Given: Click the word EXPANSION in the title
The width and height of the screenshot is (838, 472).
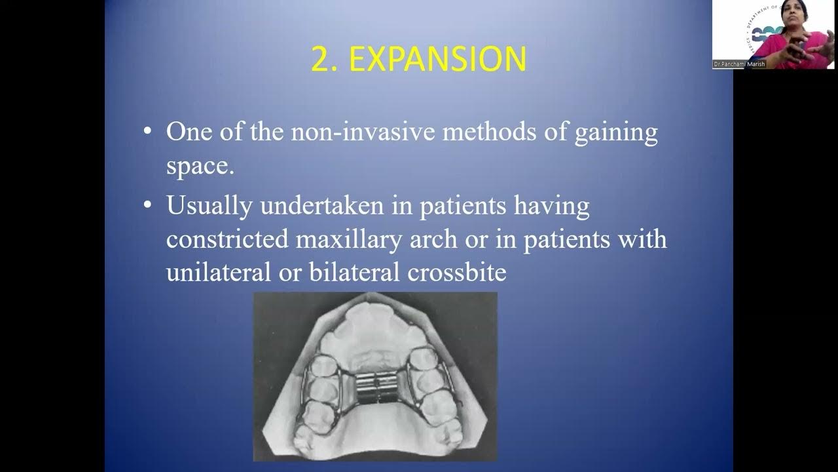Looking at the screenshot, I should point(437,60).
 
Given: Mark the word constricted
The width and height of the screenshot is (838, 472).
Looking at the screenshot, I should point(227,239).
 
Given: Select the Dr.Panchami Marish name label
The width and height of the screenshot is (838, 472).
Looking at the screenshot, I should point(738,64).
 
